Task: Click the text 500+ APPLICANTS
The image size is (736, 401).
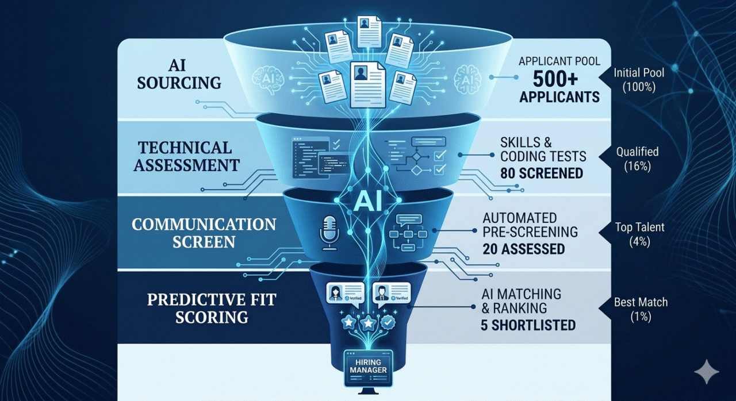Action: (x=559, y=87)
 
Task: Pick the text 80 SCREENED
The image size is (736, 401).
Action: (x=541, y=172)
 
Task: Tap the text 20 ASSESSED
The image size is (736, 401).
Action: (x=524, y=249)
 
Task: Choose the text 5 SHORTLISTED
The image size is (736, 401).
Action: (x=528, y=325)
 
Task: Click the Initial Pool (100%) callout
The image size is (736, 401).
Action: (x=638, y=80)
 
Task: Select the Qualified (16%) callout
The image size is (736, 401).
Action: (x=637, y=159)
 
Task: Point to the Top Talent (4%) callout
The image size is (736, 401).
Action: (x=639, y=234)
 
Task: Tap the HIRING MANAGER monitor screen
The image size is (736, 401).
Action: (x=368, y=366)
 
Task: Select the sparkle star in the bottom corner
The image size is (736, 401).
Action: (x=706, y=373)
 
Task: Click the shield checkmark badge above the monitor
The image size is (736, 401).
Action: (x=389, y=323)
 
